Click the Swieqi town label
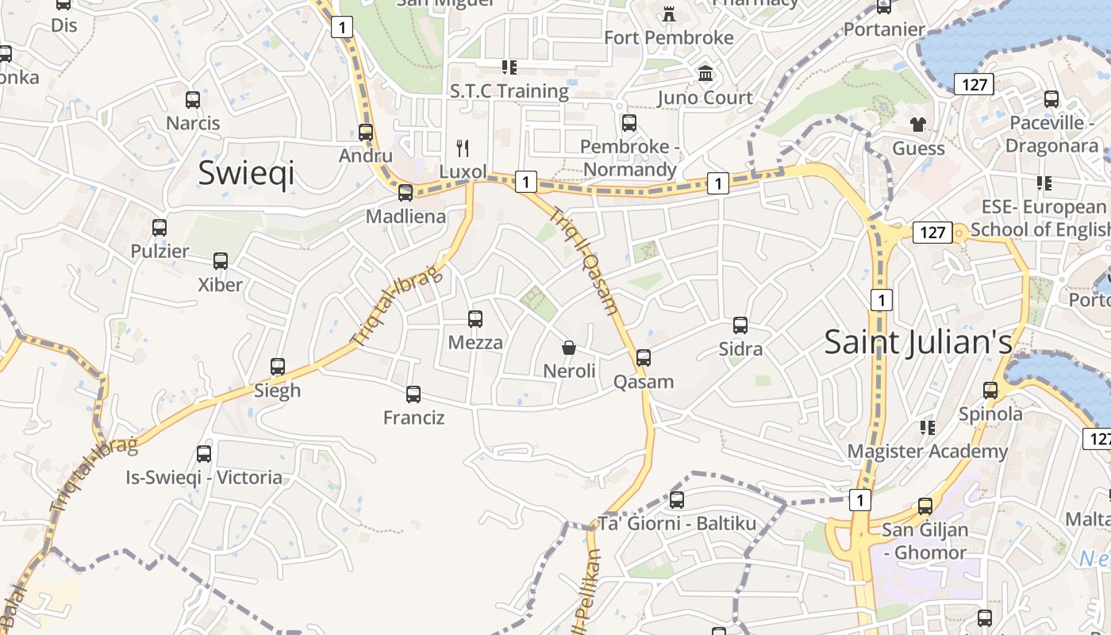point(246,172)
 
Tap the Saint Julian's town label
point(918,342)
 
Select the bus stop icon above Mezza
point(475,319)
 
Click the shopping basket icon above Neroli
point(569,348)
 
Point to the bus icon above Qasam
point(644,358)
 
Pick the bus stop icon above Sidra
point(740,325)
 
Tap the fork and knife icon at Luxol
point(463,148)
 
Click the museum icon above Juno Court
point(705,74)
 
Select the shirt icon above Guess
point(918,125)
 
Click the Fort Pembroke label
point(668,37)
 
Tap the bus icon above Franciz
point(413,394)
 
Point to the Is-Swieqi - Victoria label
point(204,477)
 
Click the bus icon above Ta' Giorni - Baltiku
point(677,500)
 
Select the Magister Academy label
point(927,452)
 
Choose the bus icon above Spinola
point(990,391)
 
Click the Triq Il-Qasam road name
point(583,262)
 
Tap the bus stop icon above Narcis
point(193,100)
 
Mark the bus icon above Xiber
point(221,261)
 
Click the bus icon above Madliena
point(406,193)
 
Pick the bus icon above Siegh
point(278,367)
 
